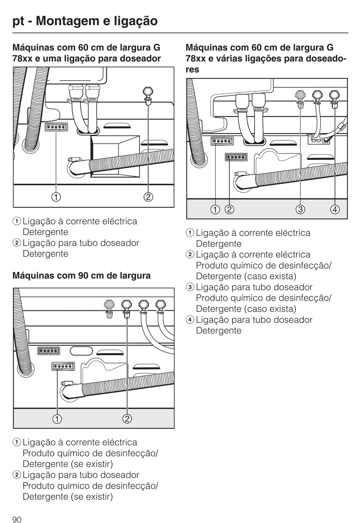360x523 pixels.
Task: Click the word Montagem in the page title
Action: pos(68,21)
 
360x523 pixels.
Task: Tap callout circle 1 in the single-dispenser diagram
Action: pos(56,197)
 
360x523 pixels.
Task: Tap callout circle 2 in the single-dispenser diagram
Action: pos(148,197)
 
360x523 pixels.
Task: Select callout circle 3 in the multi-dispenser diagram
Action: pos(300,210)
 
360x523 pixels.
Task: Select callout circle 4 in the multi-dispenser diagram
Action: pos(335,210)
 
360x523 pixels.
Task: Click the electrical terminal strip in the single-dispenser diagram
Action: pos(56,127)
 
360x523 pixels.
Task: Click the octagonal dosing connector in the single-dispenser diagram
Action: pos(148,96)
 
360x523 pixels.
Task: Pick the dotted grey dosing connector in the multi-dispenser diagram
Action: pos(300,99)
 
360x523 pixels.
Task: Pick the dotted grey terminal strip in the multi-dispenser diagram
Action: pos(236,157)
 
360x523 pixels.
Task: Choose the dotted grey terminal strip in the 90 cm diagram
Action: pos(49,351)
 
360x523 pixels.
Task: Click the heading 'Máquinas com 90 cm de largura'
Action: pos(81,276)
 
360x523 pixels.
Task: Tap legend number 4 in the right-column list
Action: pos(190,319)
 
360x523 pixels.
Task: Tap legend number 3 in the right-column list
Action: pos(190,287)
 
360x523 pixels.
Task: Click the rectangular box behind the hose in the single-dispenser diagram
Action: pos(115,156)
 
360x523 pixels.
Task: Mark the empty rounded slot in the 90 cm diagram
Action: pos(81,351)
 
